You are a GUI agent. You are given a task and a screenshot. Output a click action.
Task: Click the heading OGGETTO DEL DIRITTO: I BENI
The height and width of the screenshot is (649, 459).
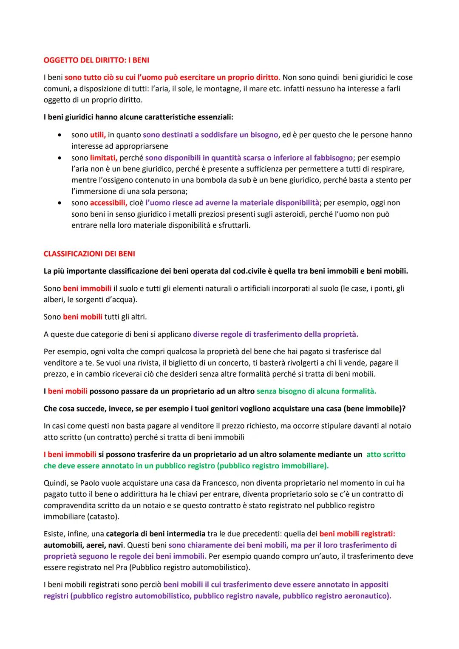click(96, 60)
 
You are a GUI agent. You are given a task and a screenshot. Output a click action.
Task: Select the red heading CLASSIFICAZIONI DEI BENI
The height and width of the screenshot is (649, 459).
click(89, 254)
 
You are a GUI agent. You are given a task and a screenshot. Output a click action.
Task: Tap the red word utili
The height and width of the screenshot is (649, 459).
click(97, 135)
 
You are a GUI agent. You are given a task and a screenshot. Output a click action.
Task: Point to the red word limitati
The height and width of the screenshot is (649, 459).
click(103, 158)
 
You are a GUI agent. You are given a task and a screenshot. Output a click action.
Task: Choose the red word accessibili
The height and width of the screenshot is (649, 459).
click(108, 203)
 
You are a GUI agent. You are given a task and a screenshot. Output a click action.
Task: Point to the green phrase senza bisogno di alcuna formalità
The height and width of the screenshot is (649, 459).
click(316, 391)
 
